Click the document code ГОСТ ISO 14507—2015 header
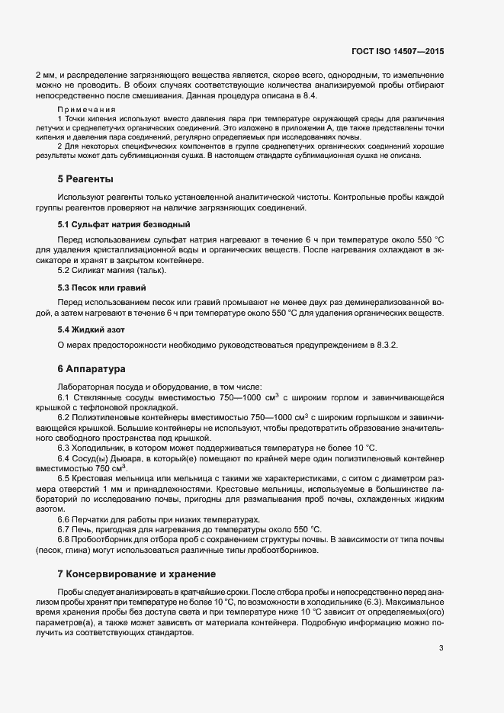pyautogui.click(x=408, y=51)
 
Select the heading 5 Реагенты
pyautogui.click(x=85, y=179)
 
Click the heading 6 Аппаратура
pyautogui.click(x=91, y=369)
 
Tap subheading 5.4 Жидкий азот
pyautogui.click(x=91, y=329)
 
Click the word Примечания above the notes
pyautogui.click(x=86, y=110)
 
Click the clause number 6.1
pyautogui.click(x=63, y=398)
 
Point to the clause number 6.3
pyautogui.click(x=63, y=448)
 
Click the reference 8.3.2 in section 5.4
pyautogui.click(x=383, y=345)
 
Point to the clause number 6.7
pyautogui.click(x=63, y=529)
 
